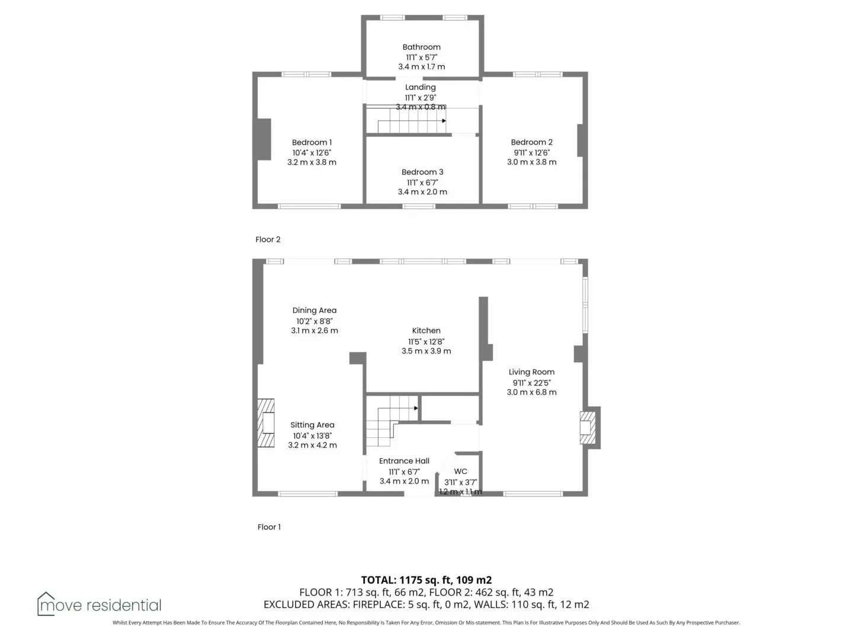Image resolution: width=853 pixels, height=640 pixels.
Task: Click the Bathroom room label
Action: (x=421, y=47)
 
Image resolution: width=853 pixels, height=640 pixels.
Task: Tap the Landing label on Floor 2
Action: (x=421, y=88)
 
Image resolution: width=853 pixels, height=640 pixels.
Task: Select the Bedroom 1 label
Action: (x=312, y=143)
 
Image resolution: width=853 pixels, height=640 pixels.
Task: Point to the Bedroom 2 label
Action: (x=531, y=142)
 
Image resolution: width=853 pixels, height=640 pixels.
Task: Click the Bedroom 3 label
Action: (x=422, y=172)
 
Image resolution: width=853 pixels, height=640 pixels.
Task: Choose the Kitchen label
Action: (x=426, y=331)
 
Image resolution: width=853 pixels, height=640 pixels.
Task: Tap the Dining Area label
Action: (x=315, y=311)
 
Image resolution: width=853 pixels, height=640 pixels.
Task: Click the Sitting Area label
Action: (x=312, y=425)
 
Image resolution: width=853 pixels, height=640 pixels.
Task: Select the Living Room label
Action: (x=531, y=372)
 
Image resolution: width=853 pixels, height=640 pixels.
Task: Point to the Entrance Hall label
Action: (x=404, y=461)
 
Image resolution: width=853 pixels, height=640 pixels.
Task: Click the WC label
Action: (x=460, y=471)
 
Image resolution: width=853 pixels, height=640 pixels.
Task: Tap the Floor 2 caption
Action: (x=268, y=239)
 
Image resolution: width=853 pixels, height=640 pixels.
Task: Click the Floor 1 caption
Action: (x=269, y=527)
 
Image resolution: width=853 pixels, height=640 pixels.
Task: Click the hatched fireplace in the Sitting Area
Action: (x=266, y=423)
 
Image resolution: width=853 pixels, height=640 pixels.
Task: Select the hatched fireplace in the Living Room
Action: (x=588, y=427)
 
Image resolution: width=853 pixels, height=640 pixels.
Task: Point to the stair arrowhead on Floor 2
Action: (x=444, y=121)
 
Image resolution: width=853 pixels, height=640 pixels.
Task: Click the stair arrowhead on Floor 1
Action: (x=416, y=408)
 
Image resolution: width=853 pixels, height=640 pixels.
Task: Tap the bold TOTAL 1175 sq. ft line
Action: (x=426, y=580)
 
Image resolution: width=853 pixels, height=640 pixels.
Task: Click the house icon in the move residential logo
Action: (x=46, y=604)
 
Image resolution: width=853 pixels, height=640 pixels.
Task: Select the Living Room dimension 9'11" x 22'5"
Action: (x=531, y=383)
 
